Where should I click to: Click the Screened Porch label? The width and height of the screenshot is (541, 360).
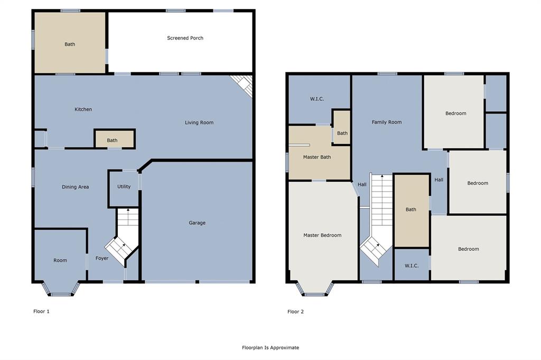click(185, 38)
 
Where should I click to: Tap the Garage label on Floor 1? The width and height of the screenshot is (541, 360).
click(197, 223)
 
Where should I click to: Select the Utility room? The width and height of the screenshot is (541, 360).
click(124, 187)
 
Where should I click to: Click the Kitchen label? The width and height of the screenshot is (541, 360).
click(83, 109)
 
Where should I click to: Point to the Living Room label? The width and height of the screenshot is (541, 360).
click(199, 122)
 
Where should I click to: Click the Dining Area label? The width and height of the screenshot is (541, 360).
click(76, 187)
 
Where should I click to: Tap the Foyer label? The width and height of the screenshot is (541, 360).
click(102, 258)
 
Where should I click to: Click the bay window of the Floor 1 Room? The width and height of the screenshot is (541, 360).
click(60, 290)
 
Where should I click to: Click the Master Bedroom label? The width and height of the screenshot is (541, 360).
click(322, 235)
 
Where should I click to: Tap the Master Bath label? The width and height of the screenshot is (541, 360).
click(317, 157)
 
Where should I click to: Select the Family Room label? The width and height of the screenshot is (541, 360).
click(387, 122)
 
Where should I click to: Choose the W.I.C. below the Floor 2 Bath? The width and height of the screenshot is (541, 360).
click(412, 266)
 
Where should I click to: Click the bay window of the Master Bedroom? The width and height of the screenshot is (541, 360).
click(315, 290)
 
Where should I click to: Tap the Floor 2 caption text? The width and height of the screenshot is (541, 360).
click(295, 311)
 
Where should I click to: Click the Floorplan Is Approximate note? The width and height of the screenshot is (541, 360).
click(270, 347)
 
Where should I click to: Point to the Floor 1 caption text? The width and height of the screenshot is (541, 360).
click(41, 311)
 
